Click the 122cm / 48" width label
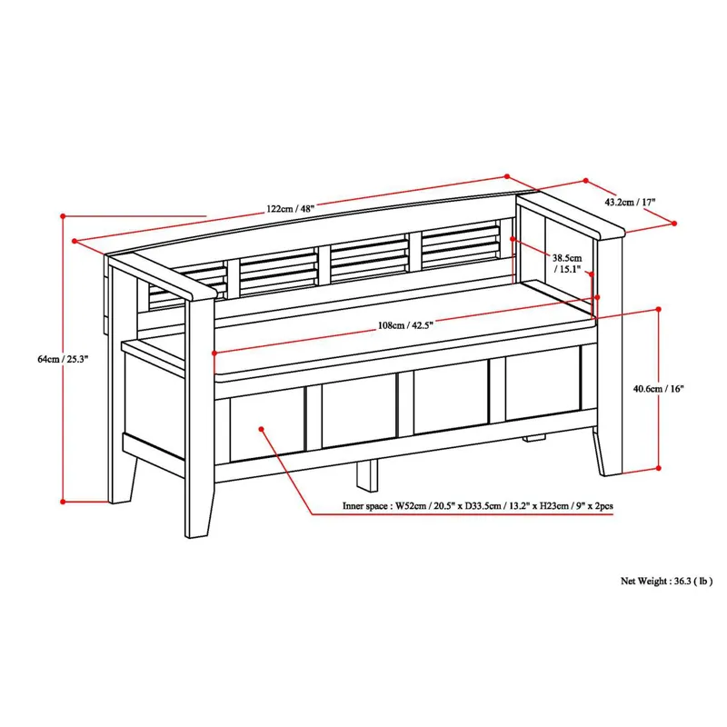point(290,208)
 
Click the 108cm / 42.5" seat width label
point(405,324)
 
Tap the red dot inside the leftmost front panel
point(261,427)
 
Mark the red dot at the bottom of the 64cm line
point(63,501)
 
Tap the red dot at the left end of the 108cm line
point(214,353)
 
